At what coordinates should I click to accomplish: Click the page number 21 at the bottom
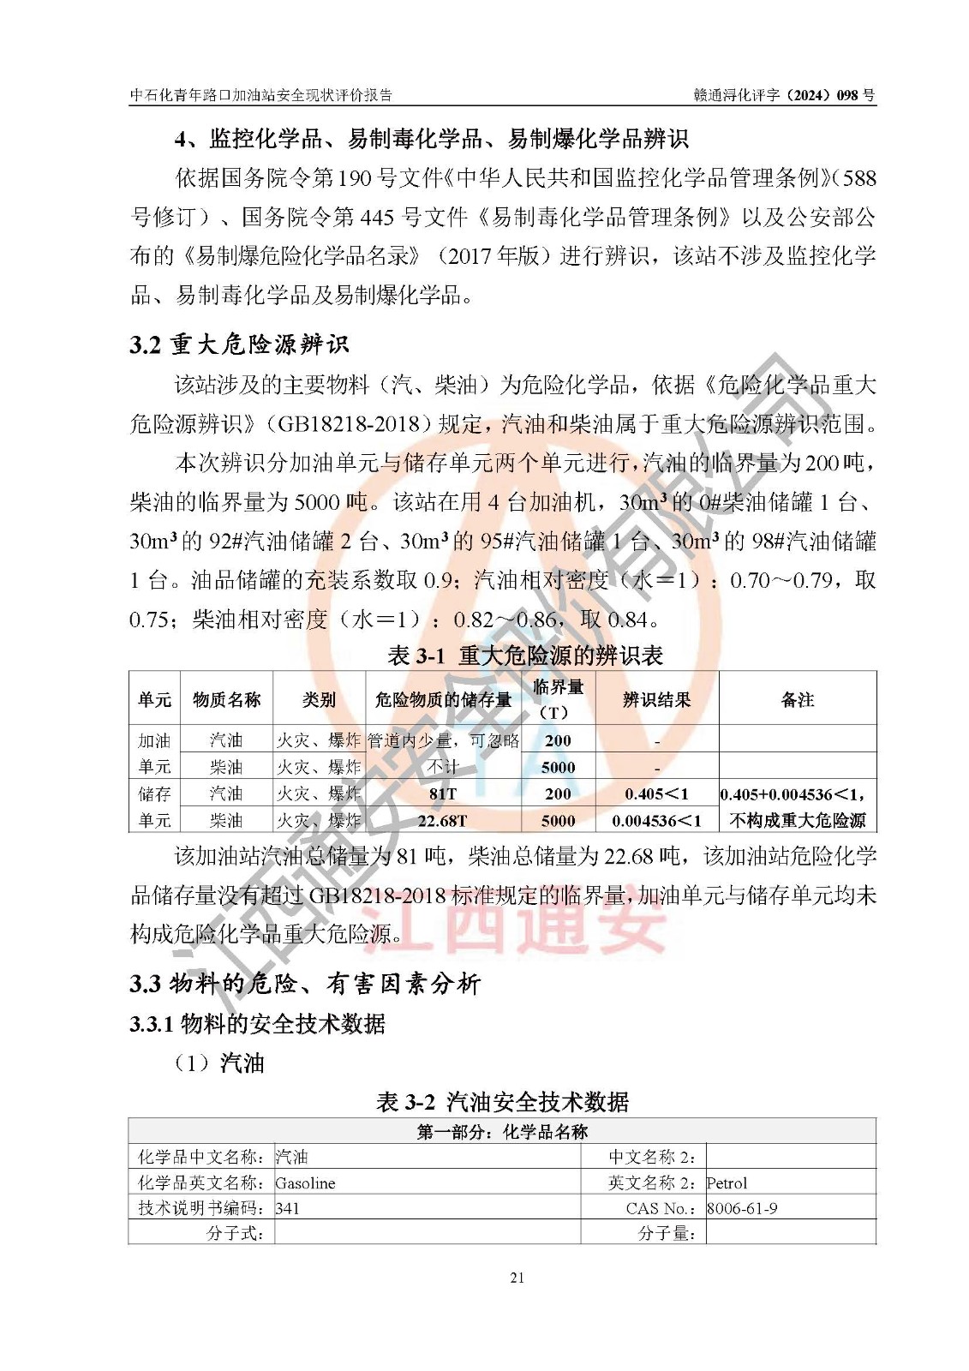click(517, 1278)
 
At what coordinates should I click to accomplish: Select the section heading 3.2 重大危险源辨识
click(239, 344)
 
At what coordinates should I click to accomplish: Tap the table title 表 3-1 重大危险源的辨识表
click(525, 656)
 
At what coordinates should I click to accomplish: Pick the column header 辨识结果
click(656, 699)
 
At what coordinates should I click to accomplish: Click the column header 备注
click(797, 699)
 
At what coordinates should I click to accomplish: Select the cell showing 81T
click(443, 793)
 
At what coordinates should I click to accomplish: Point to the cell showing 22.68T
click(443, 820)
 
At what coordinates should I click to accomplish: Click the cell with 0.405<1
click(656, 793)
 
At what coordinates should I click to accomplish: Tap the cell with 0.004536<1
click(656, 820)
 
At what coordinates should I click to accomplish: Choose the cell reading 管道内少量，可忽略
click(443, 740)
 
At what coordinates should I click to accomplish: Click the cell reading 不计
click(443, 767)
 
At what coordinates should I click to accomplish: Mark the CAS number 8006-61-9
click(742, 1208)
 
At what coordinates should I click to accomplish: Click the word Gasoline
click(305, 1182)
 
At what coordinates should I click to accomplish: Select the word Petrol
click(727, 1182)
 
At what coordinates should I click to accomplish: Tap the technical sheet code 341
click(287, 1208)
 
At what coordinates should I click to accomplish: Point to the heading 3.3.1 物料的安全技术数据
click(257, 1023)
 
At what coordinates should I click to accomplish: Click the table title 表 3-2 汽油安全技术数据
click(502, 1101)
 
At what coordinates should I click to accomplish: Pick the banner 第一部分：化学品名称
click(502, 1131)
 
